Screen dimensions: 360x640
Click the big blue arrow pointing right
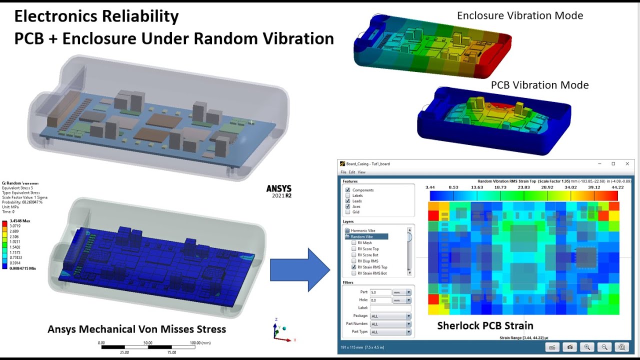point(299,270)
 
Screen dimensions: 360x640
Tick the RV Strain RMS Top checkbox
point(354,267)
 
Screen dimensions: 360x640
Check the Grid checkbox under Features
point(347,212)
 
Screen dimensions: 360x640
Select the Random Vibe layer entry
point(361,236)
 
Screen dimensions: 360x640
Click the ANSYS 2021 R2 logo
point(279,191)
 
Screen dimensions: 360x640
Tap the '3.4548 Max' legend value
point(20,220)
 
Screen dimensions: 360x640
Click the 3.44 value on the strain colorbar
point(430,187)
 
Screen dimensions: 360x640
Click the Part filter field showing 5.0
point(380,292)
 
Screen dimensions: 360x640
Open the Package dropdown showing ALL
point(390,316)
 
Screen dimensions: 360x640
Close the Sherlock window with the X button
point(627,164)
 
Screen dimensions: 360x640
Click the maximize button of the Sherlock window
point(613,164)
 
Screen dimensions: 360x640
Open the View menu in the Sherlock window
point(361,172)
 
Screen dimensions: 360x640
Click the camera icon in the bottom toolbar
point(569,347)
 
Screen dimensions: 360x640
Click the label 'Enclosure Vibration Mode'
point(520,15)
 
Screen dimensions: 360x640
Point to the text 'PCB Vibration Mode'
point(539,85)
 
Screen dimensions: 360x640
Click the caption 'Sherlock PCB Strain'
point(485,326)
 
